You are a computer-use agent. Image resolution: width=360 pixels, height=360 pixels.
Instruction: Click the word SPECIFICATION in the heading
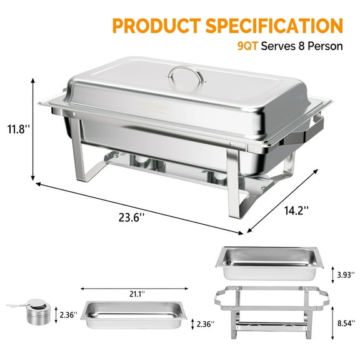278,26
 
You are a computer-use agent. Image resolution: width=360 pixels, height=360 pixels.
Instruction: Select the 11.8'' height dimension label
17,130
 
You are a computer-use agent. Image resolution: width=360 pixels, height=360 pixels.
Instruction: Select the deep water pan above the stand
269,262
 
